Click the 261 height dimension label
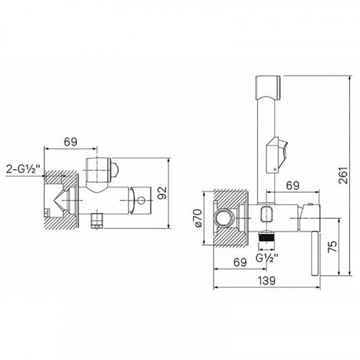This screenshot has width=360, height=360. tap(343, 175)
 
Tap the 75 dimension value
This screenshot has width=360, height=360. tap(333, 246)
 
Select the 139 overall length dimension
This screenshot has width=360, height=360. tap(266, 281)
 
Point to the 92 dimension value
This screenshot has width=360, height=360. tap(162, 193)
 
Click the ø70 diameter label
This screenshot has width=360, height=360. tap(198, 217)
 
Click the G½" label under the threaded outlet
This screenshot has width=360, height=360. tap(266, 258)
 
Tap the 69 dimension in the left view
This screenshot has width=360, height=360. tap(71, 142)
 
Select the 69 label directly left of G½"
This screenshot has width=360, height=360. tap(240, 262)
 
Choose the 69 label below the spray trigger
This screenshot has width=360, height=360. tap(293, 185)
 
